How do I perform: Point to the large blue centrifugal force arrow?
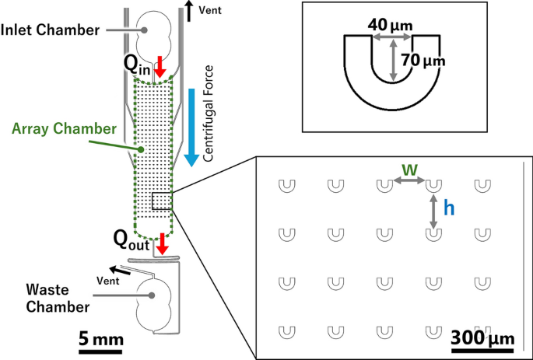click(x=191, y=124)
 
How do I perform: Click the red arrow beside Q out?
click(x=162, y=242)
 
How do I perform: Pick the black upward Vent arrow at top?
click(x=190, y=12)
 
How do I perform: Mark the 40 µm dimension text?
click(x=391, y=26)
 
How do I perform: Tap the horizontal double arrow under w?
click(x=409, y=181)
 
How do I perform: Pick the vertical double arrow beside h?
click(x=433, y=211)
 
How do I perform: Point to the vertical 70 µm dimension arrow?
click(x=394, y=58)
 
